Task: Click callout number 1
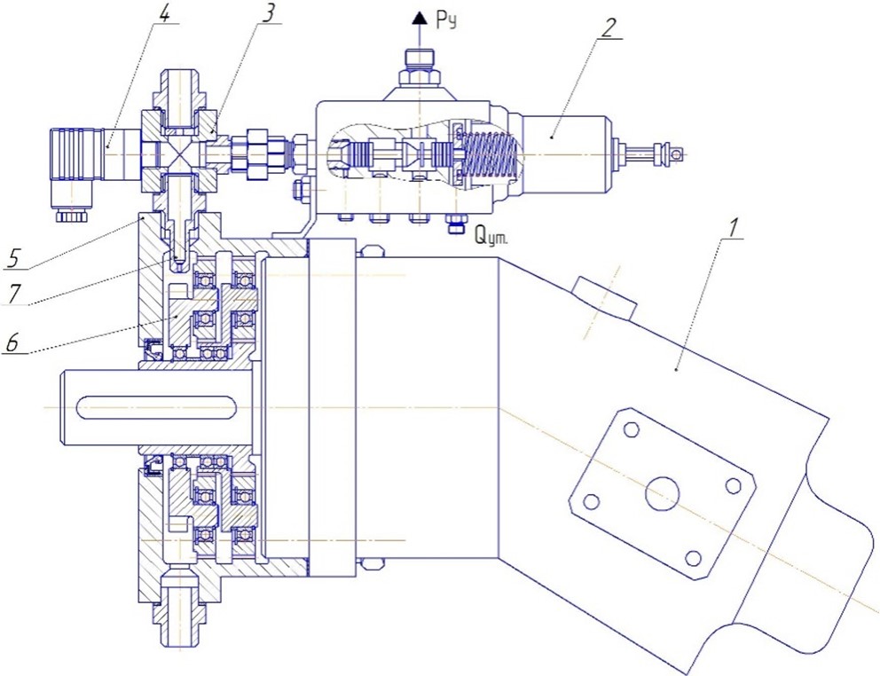[732, 229]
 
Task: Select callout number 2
[609, 28]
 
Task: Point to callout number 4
[163, 14]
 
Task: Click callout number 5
[14, 258]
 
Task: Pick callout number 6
[12, 342]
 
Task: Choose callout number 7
[13, 293]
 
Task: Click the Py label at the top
[446, 20]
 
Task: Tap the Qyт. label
[491, 236]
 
